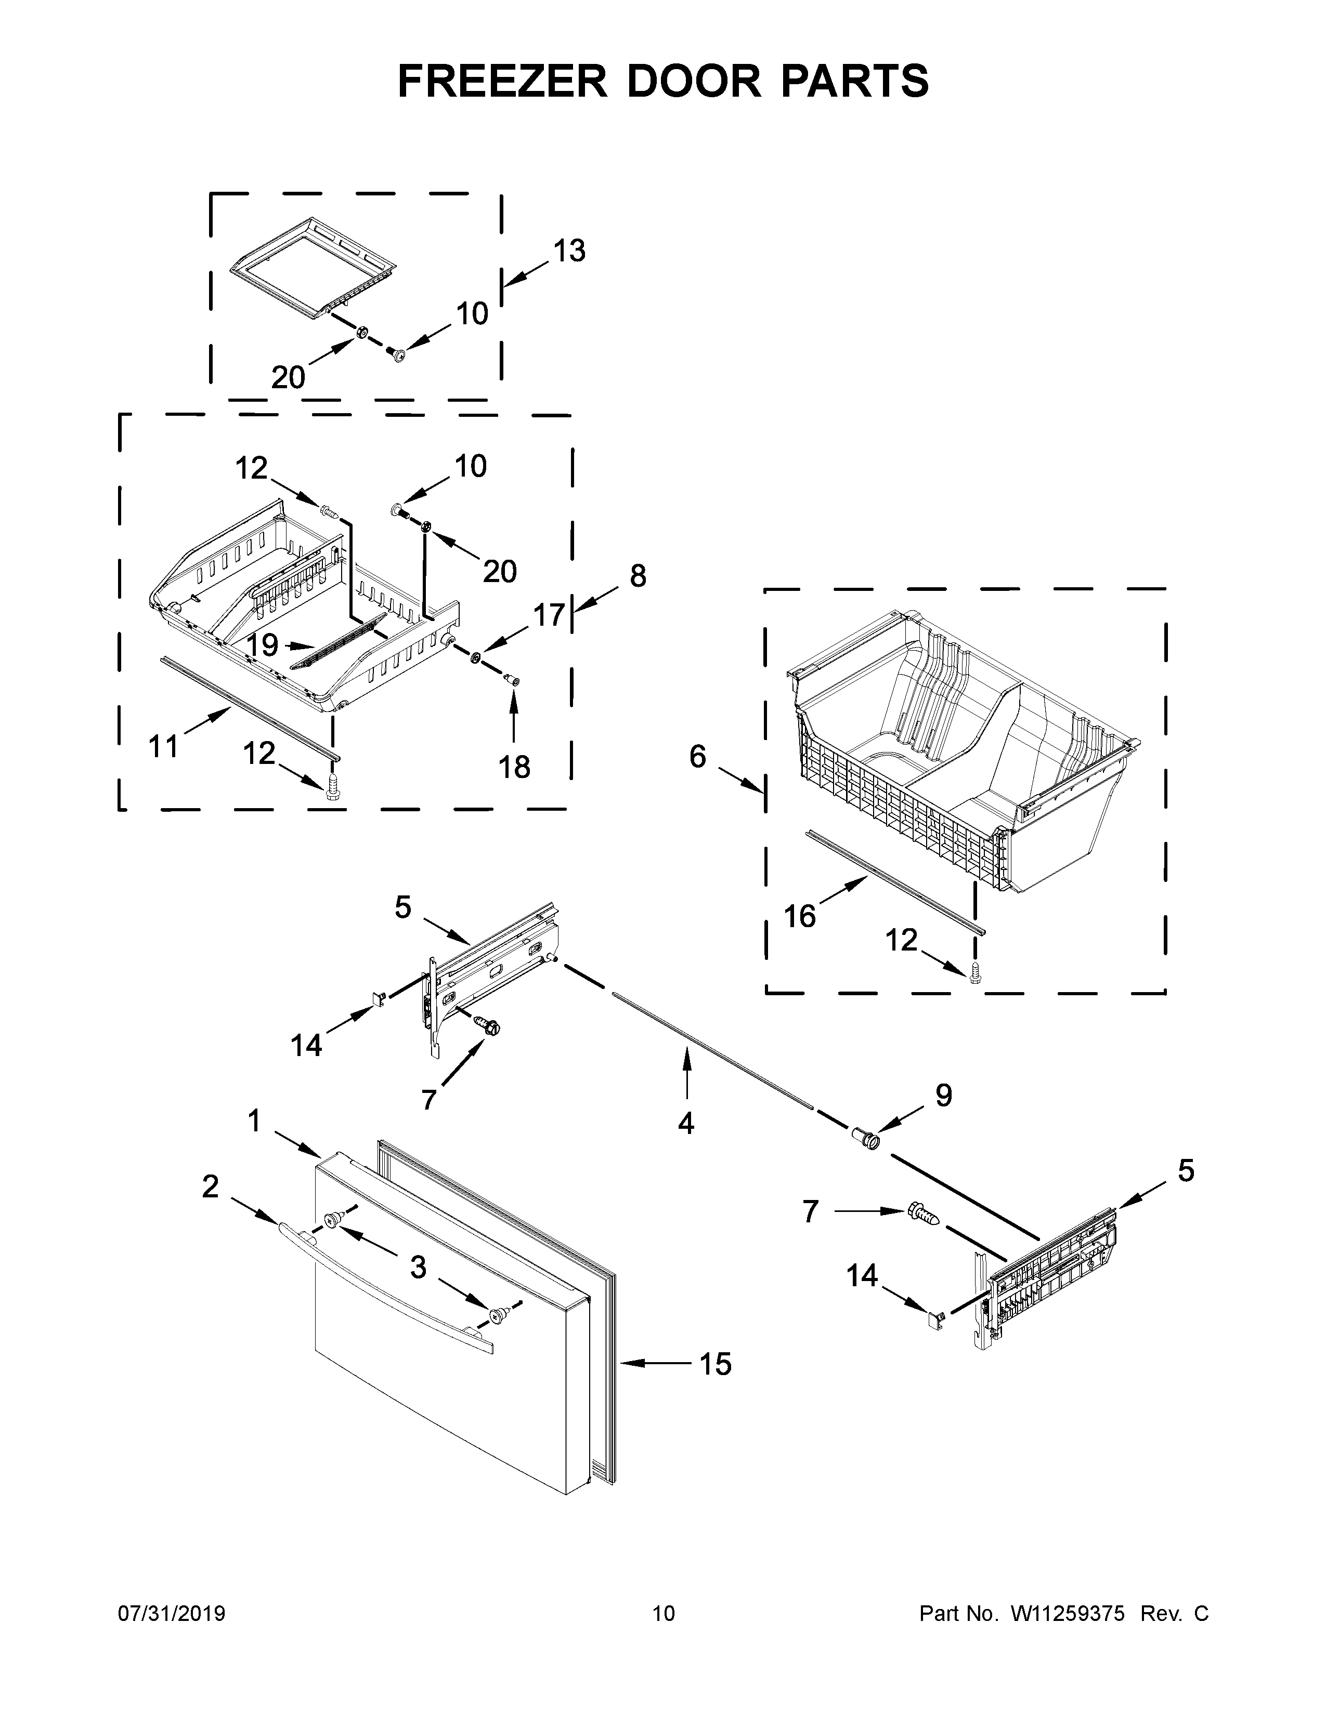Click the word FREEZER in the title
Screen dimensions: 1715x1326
pos(503,81)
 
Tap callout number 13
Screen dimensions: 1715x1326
pos(569,252)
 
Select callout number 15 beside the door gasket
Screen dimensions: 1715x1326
pos(716,1364)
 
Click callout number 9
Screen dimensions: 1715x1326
pos(943,1094)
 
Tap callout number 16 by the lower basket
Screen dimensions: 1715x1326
pos(800,916)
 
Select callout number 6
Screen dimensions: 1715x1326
pos(697,756)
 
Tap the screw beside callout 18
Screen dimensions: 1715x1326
pos(514,678)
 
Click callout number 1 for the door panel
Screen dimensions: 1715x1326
pos(254,1122)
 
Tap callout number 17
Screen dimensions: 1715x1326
pos(550,615)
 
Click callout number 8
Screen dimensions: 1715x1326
pos(638,576)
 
